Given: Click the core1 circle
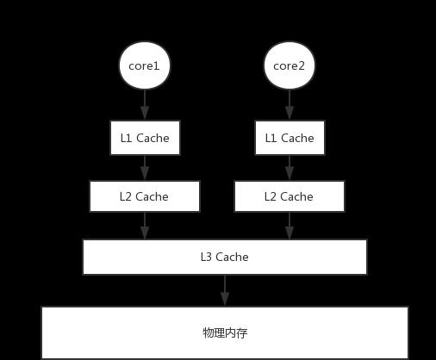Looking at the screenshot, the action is tap(145, 65).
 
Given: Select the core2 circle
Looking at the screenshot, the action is tap(290, 65).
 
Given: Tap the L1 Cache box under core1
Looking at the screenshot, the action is tap(145, 138).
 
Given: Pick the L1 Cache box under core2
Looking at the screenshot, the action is tap(290, 138).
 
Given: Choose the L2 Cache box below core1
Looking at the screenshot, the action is tap(145, 196).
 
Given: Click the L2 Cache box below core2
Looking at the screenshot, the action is tap(290, 196).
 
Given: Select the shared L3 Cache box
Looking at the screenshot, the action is tap(225, 257).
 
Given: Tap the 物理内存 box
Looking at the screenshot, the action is tap(225, 332).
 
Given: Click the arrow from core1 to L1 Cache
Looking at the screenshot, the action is tap(145, 105).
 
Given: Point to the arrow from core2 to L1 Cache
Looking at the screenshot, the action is tap(290, 105).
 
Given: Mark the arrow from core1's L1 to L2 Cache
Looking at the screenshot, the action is tap(145, 168).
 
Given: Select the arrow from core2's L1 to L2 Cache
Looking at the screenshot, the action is tap(290, 168).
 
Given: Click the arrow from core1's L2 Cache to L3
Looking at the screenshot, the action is tap(145, 226).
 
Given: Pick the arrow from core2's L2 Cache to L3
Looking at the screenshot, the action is tap(290, 226).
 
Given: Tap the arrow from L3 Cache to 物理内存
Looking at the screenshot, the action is tap(225, 290).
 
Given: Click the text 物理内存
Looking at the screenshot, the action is tap(225, 333).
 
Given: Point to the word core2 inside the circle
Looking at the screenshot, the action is tap(289, 66).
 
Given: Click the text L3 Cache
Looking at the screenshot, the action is tap(225, 257).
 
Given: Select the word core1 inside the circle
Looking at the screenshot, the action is tap(144, 66).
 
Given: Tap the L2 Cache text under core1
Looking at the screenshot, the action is tap(144, 196).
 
